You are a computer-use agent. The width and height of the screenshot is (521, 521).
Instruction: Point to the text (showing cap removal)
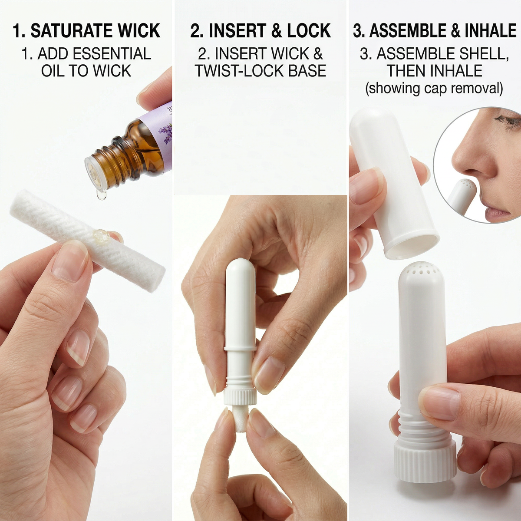434,89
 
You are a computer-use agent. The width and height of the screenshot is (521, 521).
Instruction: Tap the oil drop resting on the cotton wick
102,235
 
